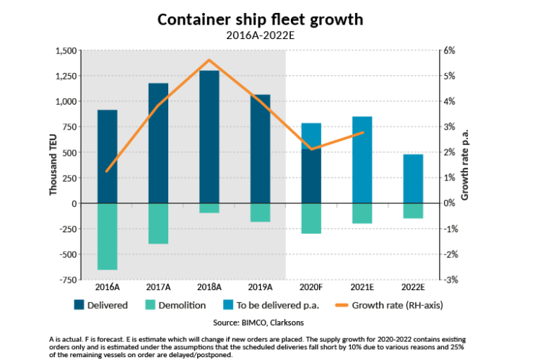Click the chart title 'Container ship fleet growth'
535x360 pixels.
point(266,19)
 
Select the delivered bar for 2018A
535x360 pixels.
point(209,137)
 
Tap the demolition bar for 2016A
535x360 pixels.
point(108,237)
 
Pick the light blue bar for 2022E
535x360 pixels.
point(413,179)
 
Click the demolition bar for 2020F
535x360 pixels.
point(311,219)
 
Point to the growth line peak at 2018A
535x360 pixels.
point(209,60)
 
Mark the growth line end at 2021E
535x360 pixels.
point(362,132)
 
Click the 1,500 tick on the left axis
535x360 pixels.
point(65,51)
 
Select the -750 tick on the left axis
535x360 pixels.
point(66,280)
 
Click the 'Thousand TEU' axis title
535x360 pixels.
point(53,164)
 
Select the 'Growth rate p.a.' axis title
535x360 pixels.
point(466,164)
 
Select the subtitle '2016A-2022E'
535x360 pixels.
point(266,35)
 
